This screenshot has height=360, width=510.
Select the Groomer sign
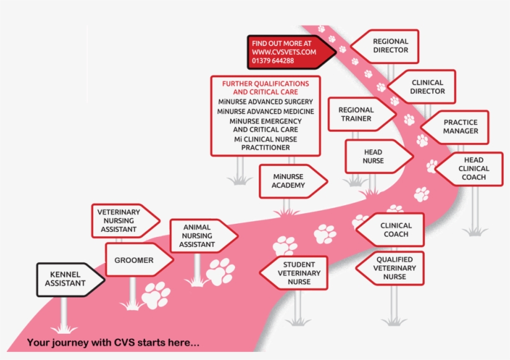pyautogui.click(x=136, y=260)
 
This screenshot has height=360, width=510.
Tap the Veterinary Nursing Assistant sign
pyautogui.click(x=120, y=221)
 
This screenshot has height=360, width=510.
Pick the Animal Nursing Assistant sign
pyautogui.click(x=199, y=236)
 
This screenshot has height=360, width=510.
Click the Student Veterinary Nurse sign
pyautogui.click(x=297, y=273)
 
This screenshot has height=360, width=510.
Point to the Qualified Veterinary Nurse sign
pyautogui.click(x=393, y=268)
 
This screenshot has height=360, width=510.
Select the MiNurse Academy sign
pyautogui.click(x=290, y=181)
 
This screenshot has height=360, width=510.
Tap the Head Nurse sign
pyautogui.click(x=375, y=157)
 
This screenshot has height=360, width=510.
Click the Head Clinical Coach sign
pyautogui.click(x=472, y=169)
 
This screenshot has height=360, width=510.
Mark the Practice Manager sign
pyautogui.click(x=460, y=127)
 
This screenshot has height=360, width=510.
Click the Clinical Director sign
pyautogui.click(x=427, y=86)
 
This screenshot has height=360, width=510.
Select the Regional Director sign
pyautogui.click(x=389, y=46)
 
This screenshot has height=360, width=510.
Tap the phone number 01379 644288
pyautogui.click(x=273, y=61)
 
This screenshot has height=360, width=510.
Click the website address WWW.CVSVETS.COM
pyautogui.click(x=280, y=52)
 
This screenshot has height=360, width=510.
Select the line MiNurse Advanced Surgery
pyautogui.click(x=266, y=101)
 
